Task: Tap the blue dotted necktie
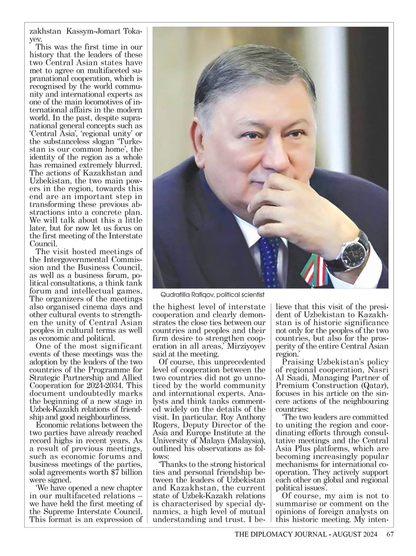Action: coord(269,260)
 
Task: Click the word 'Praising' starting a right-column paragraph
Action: coord(299,362)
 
